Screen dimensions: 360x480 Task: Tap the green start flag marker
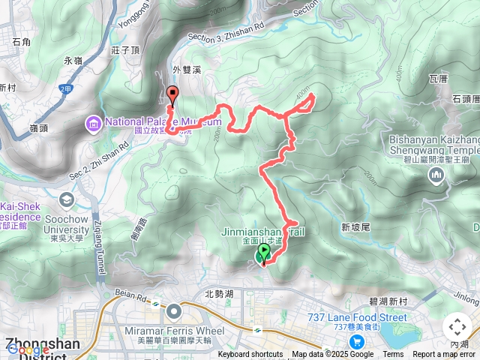coord(264,254)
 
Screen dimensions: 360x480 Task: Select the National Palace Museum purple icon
coord(94,121)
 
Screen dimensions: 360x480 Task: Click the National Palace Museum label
coord(163,121)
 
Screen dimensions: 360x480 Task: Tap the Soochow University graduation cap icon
coord(67,199)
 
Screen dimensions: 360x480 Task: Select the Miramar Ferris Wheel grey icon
coord(175,310)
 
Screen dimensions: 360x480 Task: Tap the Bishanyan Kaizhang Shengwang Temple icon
coord(436,175)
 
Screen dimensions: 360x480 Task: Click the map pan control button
coord(457,327)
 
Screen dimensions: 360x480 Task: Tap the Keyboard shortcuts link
coord(251,355)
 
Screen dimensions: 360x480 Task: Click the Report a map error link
coord(444,355)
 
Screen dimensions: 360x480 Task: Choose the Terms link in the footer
coord(393,355)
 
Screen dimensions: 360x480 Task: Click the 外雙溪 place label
coord(187,69)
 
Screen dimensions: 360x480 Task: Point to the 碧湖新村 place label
coord(393,301)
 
